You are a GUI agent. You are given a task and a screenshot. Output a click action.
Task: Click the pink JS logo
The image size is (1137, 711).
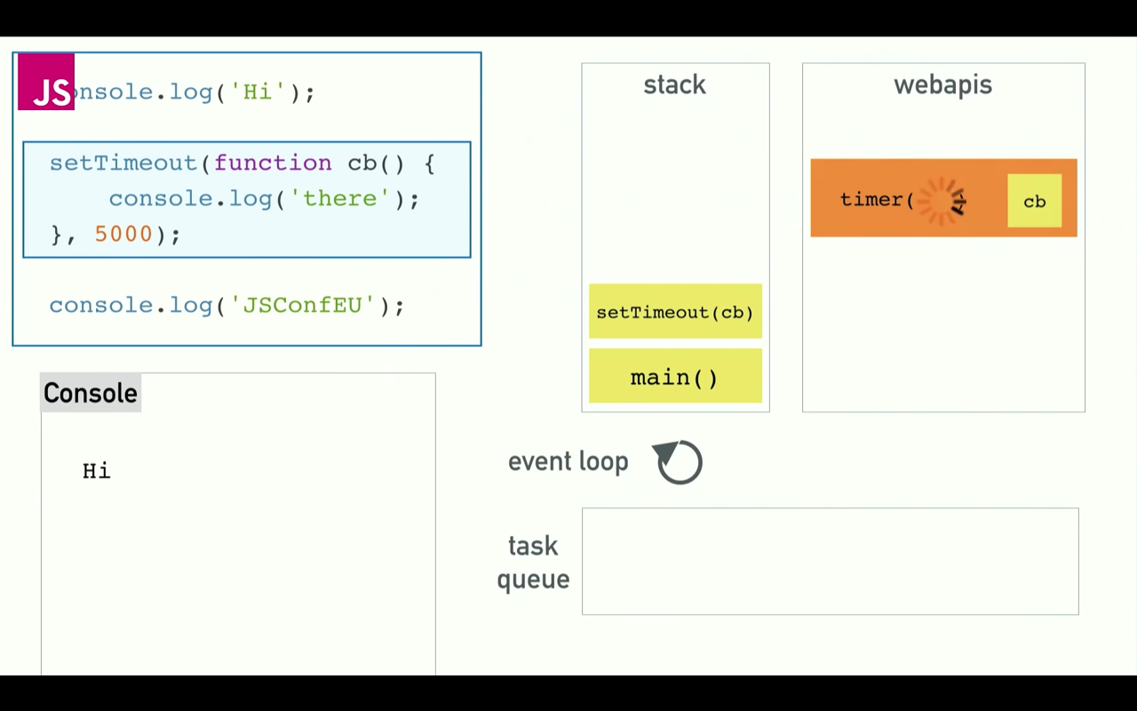46,82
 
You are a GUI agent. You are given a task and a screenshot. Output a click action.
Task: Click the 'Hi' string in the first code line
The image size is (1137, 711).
258,92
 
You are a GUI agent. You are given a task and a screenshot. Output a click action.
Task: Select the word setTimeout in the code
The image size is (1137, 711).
123,164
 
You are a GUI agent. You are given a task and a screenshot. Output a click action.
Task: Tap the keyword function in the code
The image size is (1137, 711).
273,164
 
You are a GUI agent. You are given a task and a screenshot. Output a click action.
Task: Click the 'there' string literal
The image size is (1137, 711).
340,199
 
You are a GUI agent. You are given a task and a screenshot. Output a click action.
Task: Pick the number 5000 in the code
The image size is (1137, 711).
123,235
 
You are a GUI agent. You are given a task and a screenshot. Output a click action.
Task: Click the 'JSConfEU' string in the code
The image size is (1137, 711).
303,306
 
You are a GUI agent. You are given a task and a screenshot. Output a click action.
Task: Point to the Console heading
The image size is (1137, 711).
91,394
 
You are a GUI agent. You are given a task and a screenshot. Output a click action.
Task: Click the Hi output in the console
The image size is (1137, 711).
97,471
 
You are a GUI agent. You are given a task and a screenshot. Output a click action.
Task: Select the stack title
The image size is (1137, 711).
674,85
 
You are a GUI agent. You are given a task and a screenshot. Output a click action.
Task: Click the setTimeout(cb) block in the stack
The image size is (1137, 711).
675,312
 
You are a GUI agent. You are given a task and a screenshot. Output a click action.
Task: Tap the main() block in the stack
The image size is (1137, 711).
675,377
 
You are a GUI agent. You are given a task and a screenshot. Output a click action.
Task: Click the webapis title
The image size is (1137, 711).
942,85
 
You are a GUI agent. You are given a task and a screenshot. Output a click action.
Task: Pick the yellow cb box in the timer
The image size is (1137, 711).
1034,201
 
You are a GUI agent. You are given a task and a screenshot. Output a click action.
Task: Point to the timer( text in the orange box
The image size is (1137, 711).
877,200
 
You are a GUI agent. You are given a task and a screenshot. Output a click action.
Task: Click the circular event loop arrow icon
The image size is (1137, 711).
680,462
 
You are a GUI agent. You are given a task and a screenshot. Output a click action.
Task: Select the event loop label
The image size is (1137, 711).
568,462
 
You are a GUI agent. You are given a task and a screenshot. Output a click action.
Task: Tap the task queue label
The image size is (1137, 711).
533,563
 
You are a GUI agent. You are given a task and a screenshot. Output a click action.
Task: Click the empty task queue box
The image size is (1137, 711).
830,562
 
